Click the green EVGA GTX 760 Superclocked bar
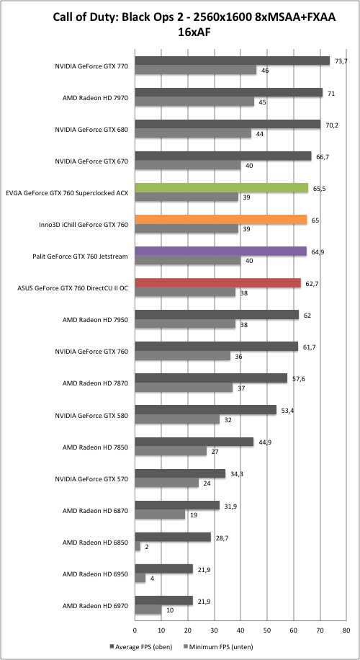pos(221,188)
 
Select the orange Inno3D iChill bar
pos(221,220)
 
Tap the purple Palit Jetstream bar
pos(220,251)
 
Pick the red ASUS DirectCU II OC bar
pos(217,283)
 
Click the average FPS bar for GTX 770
pos(232,61)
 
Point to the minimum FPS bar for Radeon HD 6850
pos(137,546)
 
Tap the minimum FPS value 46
pos(265,71)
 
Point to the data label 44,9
pos(261,442)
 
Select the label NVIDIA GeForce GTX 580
pos(91,416)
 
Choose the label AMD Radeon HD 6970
pos(95,606)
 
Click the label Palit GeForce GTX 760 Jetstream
pos(80,257)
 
